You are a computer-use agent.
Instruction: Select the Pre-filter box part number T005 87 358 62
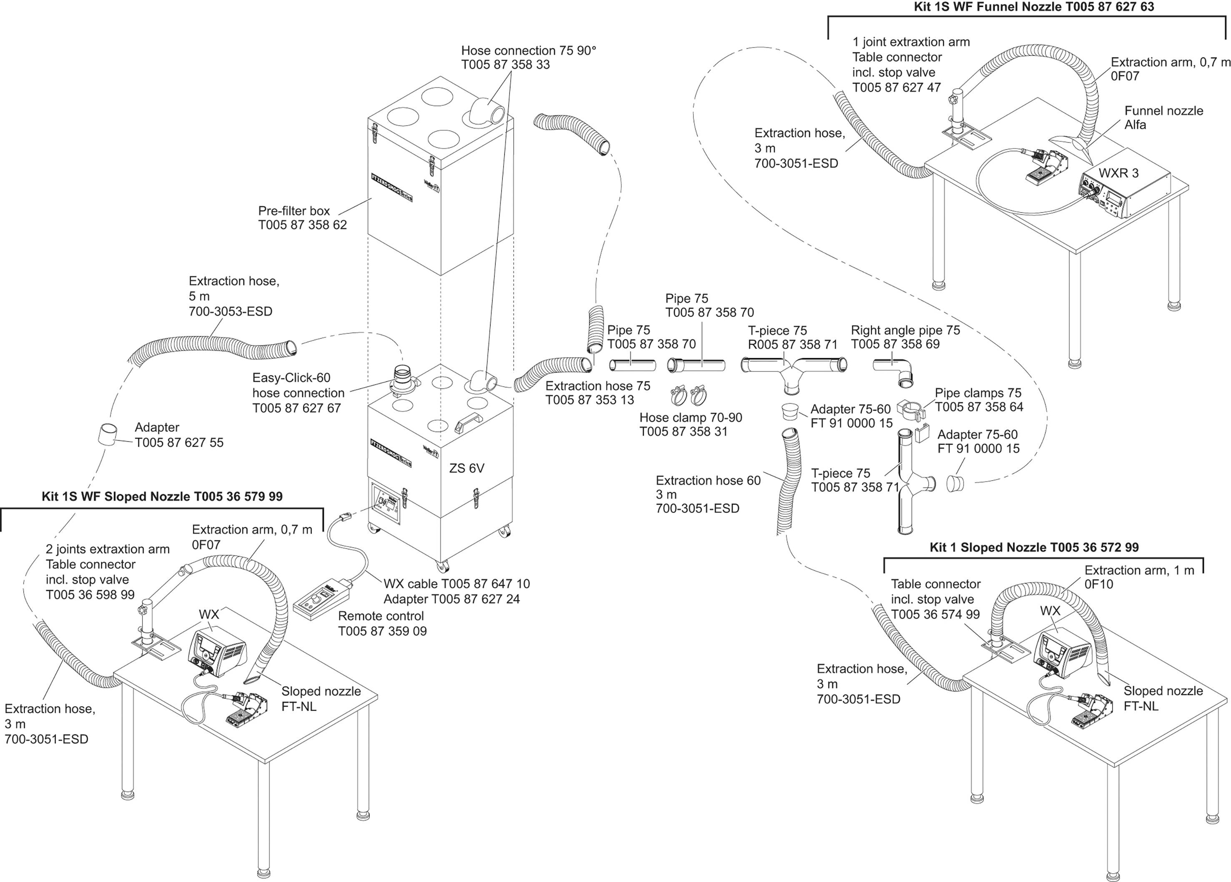coord(302,225)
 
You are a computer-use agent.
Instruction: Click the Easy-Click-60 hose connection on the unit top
coord(403,381)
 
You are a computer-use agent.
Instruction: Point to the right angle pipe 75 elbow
coord(895,371)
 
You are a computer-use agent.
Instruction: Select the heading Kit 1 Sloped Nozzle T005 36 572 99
coord(1034,547)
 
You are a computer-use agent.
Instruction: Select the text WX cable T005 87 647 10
coord(456,584)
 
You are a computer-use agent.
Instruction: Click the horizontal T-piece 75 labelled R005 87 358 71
coord(792,369)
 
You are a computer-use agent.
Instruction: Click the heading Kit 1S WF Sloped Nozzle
coord(162,496)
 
